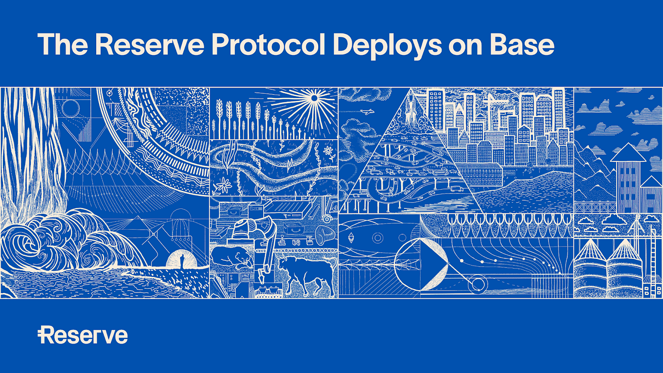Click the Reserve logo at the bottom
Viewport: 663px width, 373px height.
click(83, 335)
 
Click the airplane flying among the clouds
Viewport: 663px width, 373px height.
click(366, 112)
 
